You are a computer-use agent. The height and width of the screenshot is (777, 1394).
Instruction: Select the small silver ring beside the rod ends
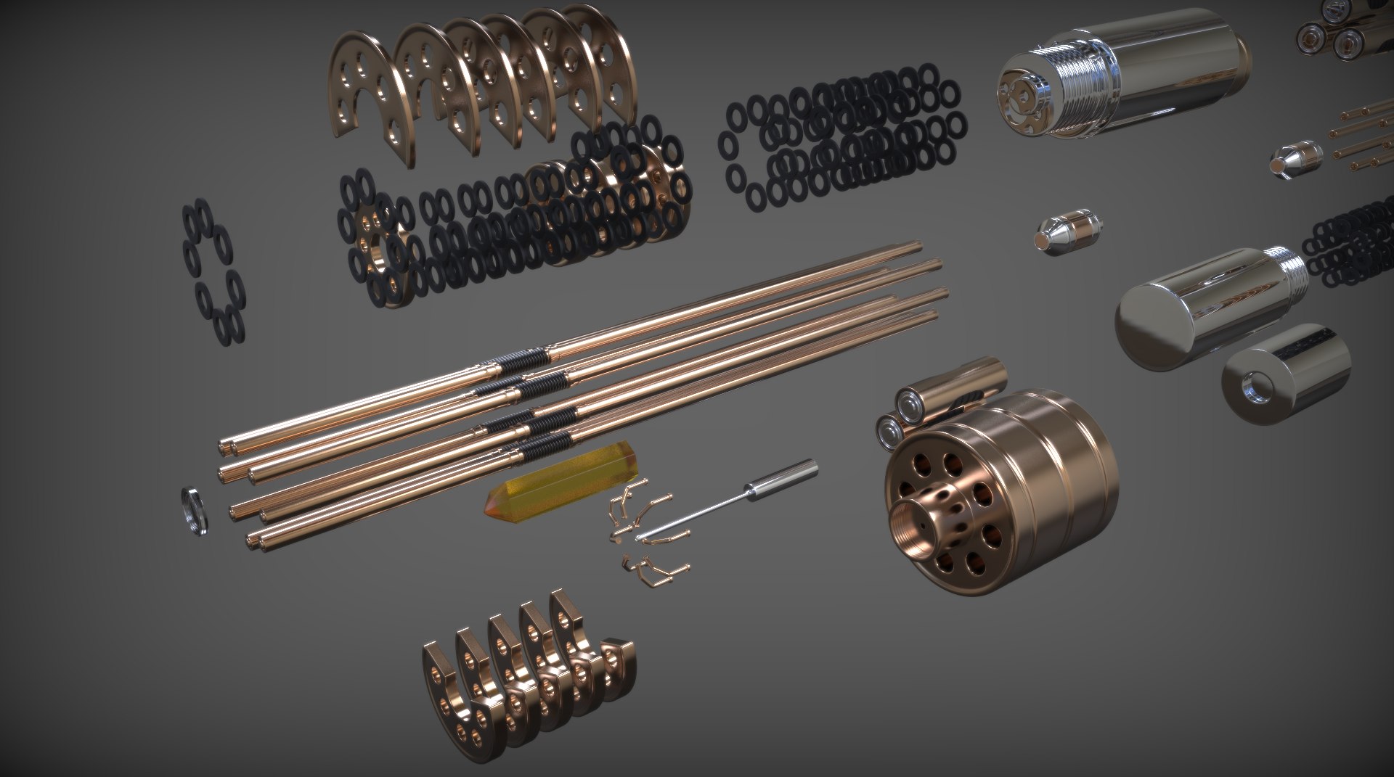tap(193, 511)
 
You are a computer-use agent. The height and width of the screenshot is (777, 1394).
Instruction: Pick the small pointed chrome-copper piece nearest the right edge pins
tap(1296, 158)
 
